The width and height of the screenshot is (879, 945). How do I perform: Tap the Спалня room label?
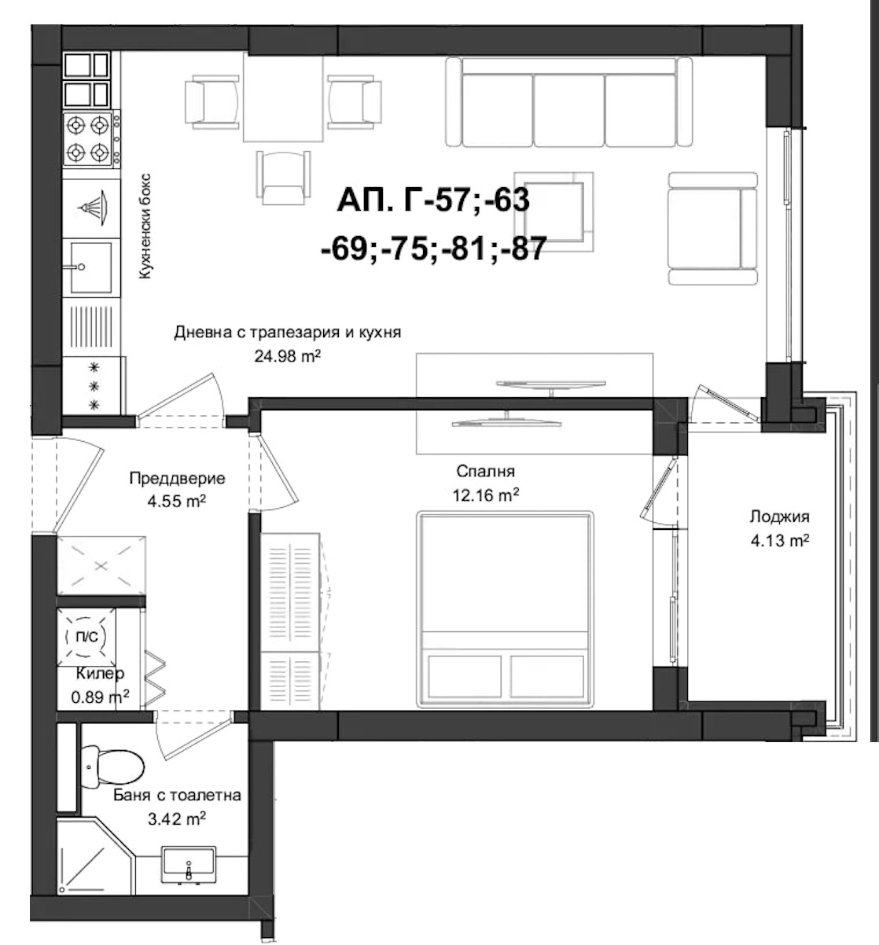pos(485,472)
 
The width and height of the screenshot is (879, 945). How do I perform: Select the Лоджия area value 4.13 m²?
pos(779,541)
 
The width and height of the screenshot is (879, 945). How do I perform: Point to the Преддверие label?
pos(177,478)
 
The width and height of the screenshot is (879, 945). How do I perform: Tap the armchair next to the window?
pos(712,227)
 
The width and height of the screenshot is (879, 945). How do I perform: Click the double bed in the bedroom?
pos(505,607)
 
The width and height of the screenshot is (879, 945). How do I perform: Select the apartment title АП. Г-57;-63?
pos(432,201)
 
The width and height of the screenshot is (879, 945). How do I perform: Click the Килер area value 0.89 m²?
pos(100,696)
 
